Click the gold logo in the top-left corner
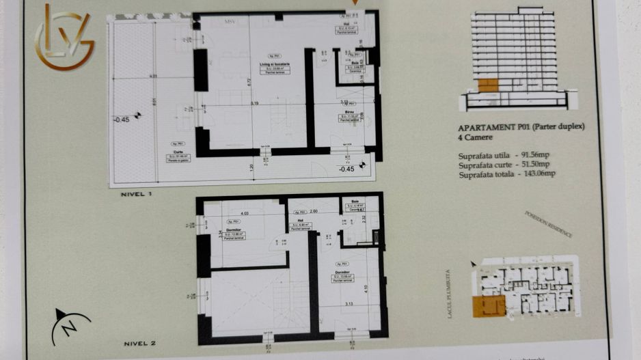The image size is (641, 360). [64, 38]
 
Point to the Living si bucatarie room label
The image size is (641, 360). [275, 64]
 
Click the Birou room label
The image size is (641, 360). [349, 111]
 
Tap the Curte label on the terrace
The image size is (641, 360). [178, 151]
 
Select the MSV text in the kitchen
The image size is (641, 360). [231, 22]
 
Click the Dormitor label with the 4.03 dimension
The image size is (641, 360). [236, 229]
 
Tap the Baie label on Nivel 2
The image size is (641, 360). [355, 202]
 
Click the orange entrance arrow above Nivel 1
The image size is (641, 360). [354, 3]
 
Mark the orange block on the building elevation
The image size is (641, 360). [487, 85]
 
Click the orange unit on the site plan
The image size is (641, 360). [488, 305]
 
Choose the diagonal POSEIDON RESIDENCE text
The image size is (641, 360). [548, 223]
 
